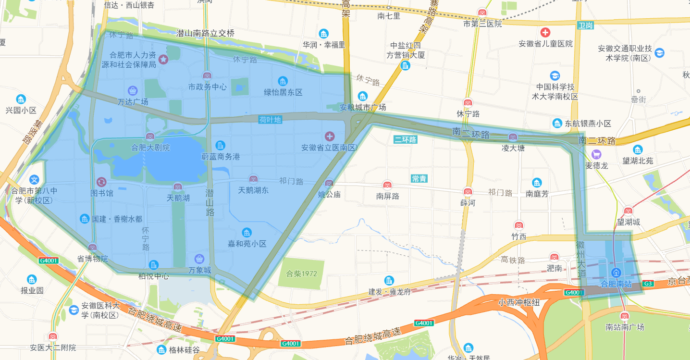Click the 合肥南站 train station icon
(x=616, y=273)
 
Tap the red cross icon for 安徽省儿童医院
(x=545, y=33)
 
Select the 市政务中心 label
(x=207, y=87)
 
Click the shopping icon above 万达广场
(x=133, y=90)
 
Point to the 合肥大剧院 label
(x=150, y=148)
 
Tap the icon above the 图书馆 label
(x=102, y=182)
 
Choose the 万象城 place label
(x=199, y=270)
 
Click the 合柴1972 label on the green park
(x=301, y=274)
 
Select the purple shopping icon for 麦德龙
(x=596, y=154)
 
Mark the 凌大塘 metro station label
(x=513, y=148)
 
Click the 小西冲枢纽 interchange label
(x=519, y=303)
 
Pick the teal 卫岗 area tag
(x=585, y=25)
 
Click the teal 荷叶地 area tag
(x=270, y=119)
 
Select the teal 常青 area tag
(x=419, y=179)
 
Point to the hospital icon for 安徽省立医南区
(x=329, y=137)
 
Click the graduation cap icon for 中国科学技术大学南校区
(x=555, y=76)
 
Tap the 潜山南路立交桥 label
(x=205, y=33)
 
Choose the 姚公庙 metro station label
(x=329, y=194)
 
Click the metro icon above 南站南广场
(x=624, y=316)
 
